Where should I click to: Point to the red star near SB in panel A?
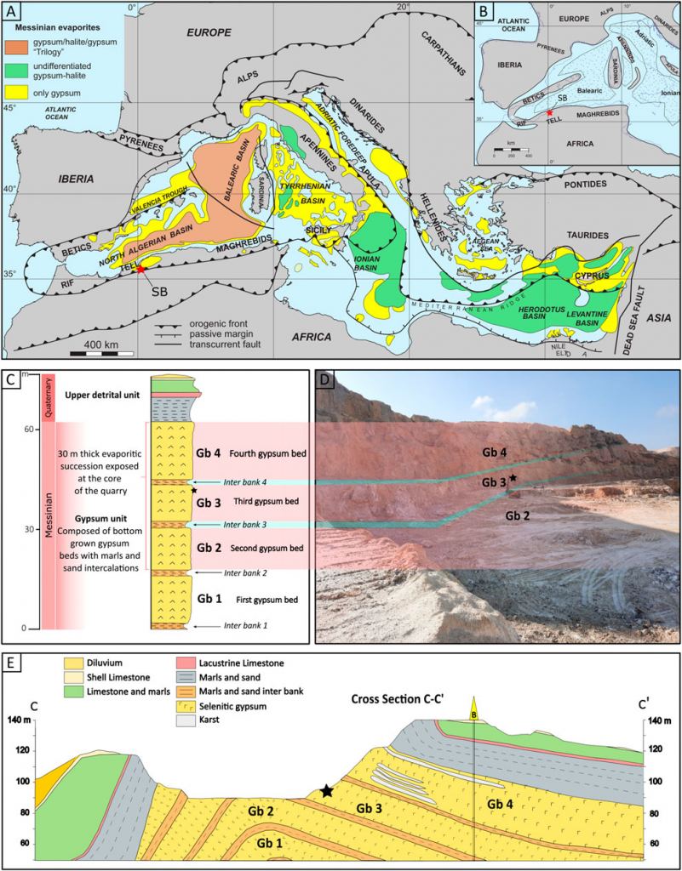140,268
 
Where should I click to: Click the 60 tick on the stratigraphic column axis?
28,430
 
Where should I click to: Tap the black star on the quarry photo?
513,478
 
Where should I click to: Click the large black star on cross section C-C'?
327,790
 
